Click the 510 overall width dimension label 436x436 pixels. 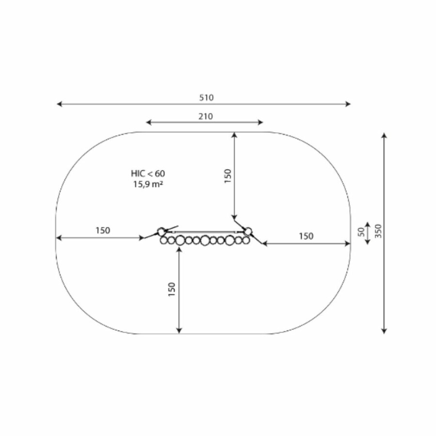tap(206, 97)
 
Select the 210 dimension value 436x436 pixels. tap(205, 116)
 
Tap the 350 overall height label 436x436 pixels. tap(378, 231)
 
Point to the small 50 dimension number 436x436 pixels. tap(361, 232)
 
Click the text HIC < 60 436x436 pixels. tap(148, 173)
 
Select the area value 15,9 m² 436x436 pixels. tap(148, 184)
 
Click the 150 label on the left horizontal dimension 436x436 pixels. tap(103, 231)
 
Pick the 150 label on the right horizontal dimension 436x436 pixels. tap(306, 236)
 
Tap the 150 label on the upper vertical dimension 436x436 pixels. tap(228, 176)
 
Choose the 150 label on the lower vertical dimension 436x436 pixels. tap(172, 289)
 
